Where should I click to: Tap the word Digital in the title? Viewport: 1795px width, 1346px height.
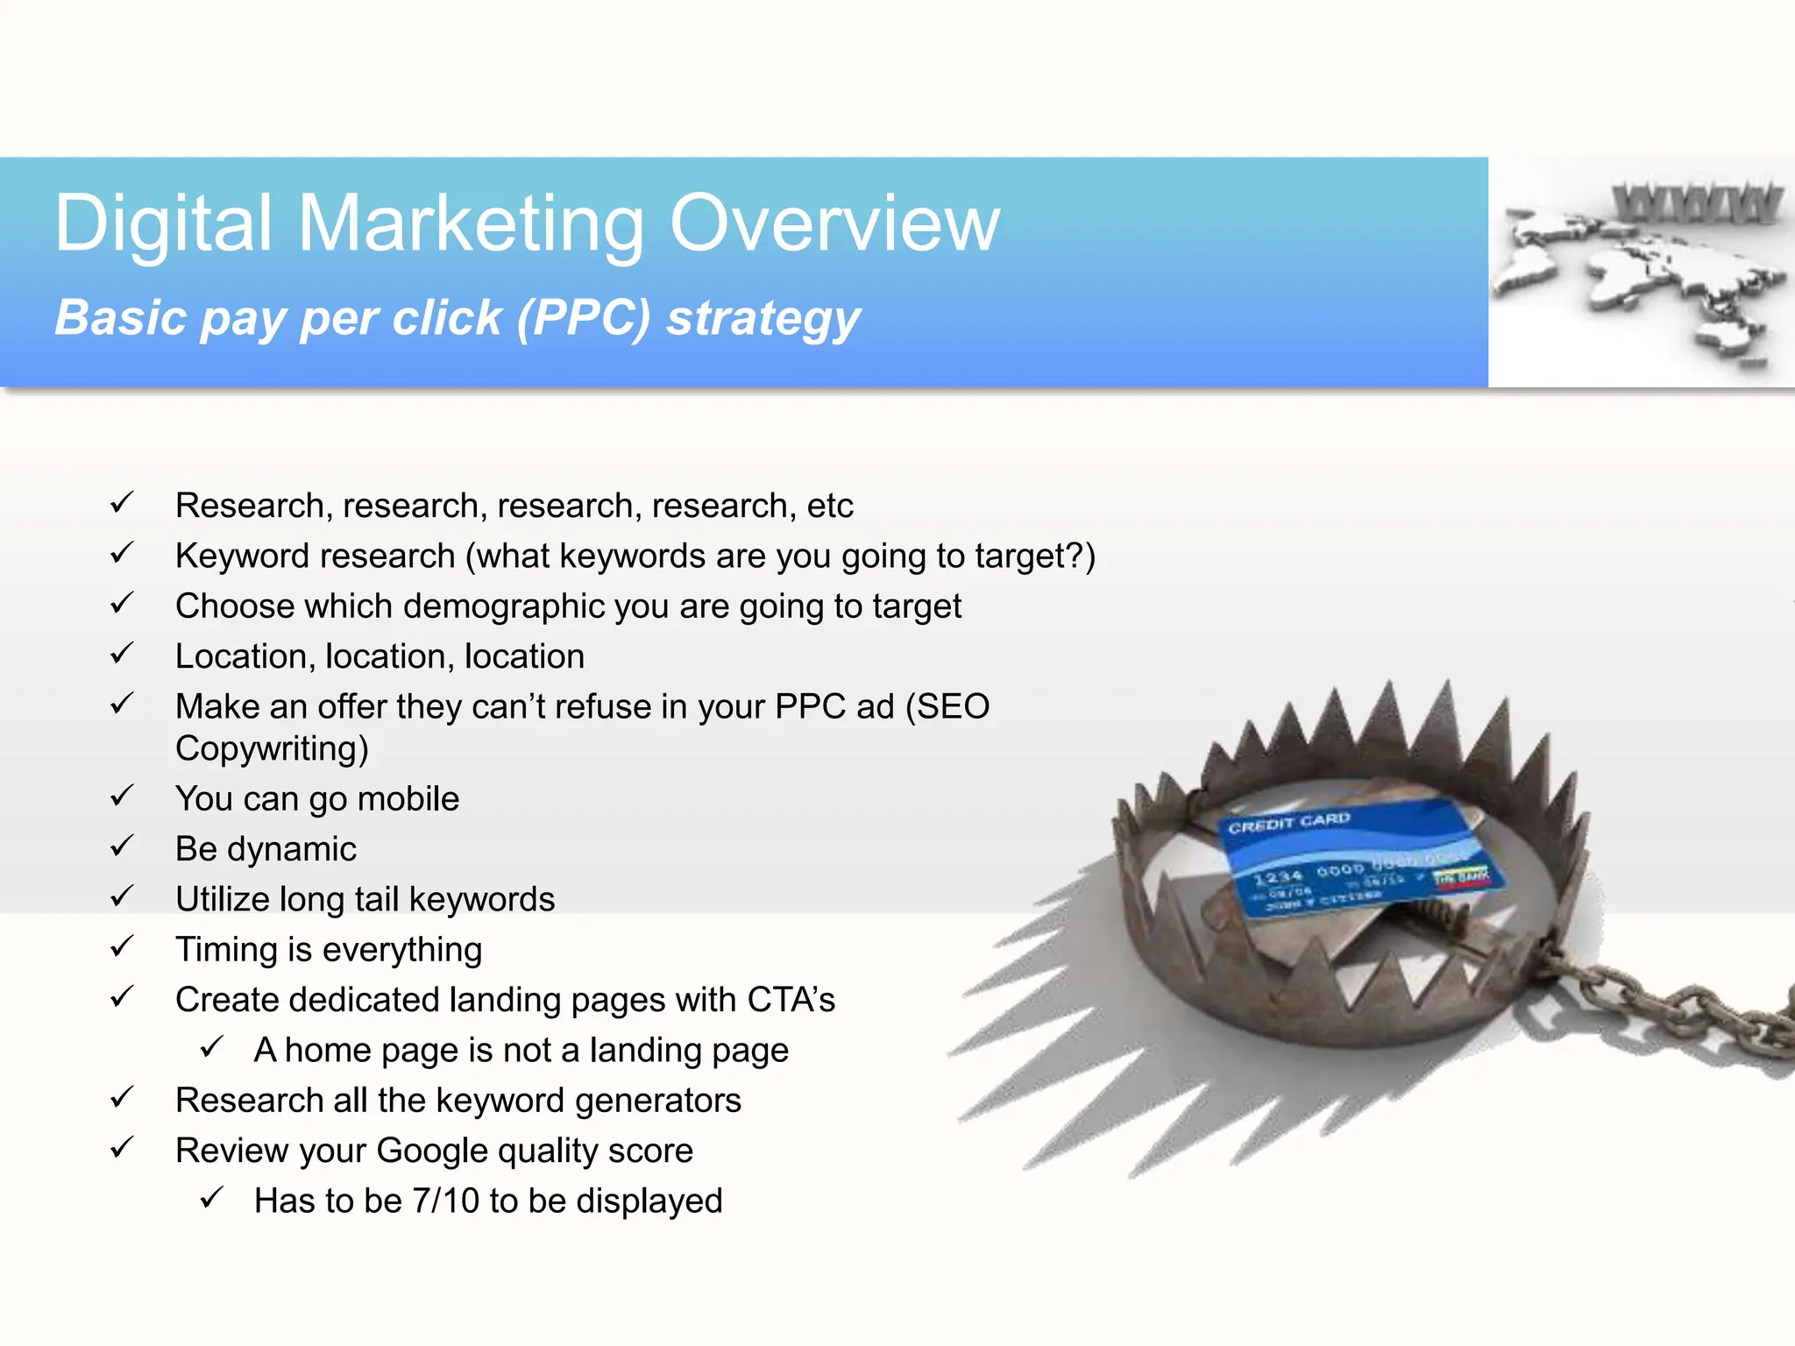[163, 224]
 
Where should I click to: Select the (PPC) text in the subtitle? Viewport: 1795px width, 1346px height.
[583, 317]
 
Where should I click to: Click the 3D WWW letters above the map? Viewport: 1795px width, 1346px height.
[1696, 203]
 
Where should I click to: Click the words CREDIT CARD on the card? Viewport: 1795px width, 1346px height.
[1288, 823]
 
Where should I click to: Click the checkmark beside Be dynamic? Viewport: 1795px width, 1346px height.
[122, 847]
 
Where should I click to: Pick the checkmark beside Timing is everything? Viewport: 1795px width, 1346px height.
[122, 947]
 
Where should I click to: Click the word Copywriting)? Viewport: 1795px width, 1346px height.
[272, 749]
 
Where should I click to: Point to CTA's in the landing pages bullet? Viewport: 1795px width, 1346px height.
[791, 1000]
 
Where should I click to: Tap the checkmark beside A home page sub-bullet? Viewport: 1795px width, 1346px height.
[211, 1047]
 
